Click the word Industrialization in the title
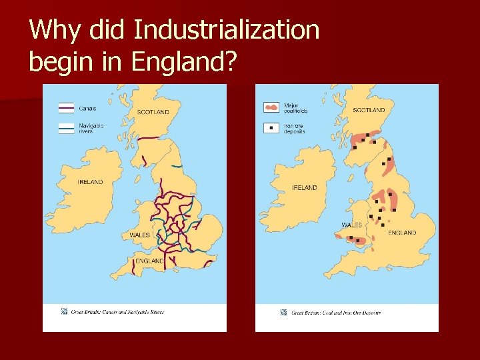pyautogui.click(x=227, y=30)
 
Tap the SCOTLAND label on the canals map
pyautogui.click(x=153, y=112)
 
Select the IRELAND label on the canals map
pyautogui.click(x=90, y=182)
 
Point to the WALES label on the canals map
pyautogui.click(x=140, y=235)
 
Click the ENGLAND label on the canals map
pyautogui.click(x=149, y=261)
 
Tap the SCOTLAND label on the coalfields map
pyautogui.click(x=369, y=110)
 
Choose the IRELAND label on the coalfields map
pyautogui.click(x=305, y=188)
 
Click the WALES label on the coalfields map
pyautogui.click(x=351, y=225)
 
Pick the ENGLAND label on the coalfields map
pyautogui.click(x=402, y=233)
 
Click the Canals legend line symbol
pyautogui.click(x=66, y=108)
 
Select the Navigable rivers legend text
pyautogui.click(x=91, y=128)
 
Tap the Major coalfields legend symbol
pyautogui.click(x=271, y=107)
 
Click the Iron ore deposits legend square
pyautogui.click(x=271, y=127)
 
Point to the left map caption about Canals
pyautogui.click(x=118, y=312)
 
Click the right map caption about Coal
pyautogui.click(x=336, y=313)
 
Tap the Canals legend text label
pyautogui.click(x=87, y=108)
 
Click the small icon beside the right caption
pyautogui.click(x=284, y=312)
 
